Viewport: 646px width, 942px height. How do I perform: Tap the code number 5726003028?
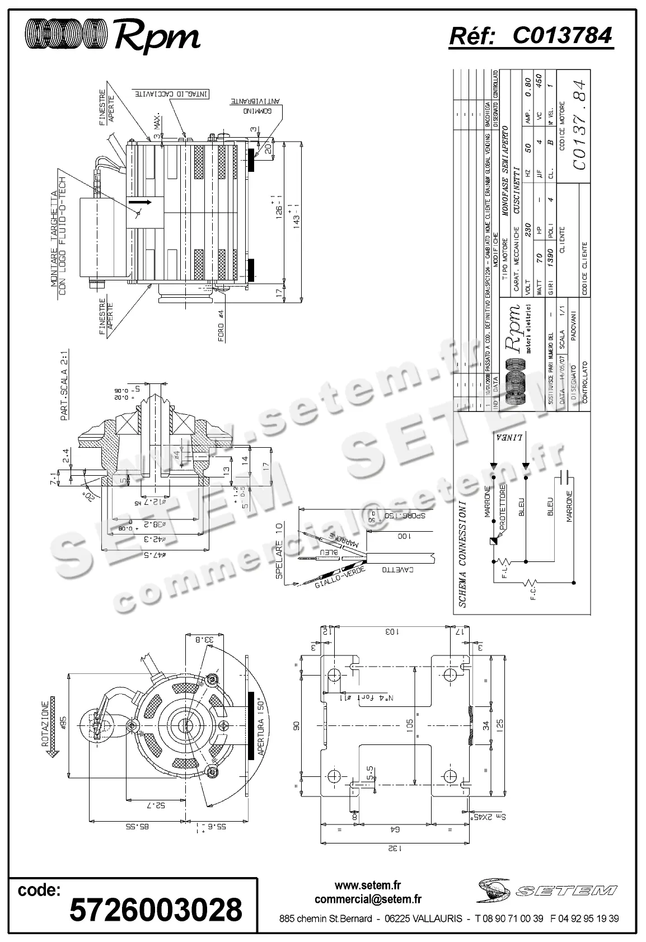pos(156,908)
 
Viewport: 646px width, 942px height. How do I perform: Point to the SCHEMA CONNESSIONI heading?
pos(462,554)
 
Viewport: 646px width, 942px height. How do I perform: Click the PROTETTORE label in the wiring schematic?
pos(503,508)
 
